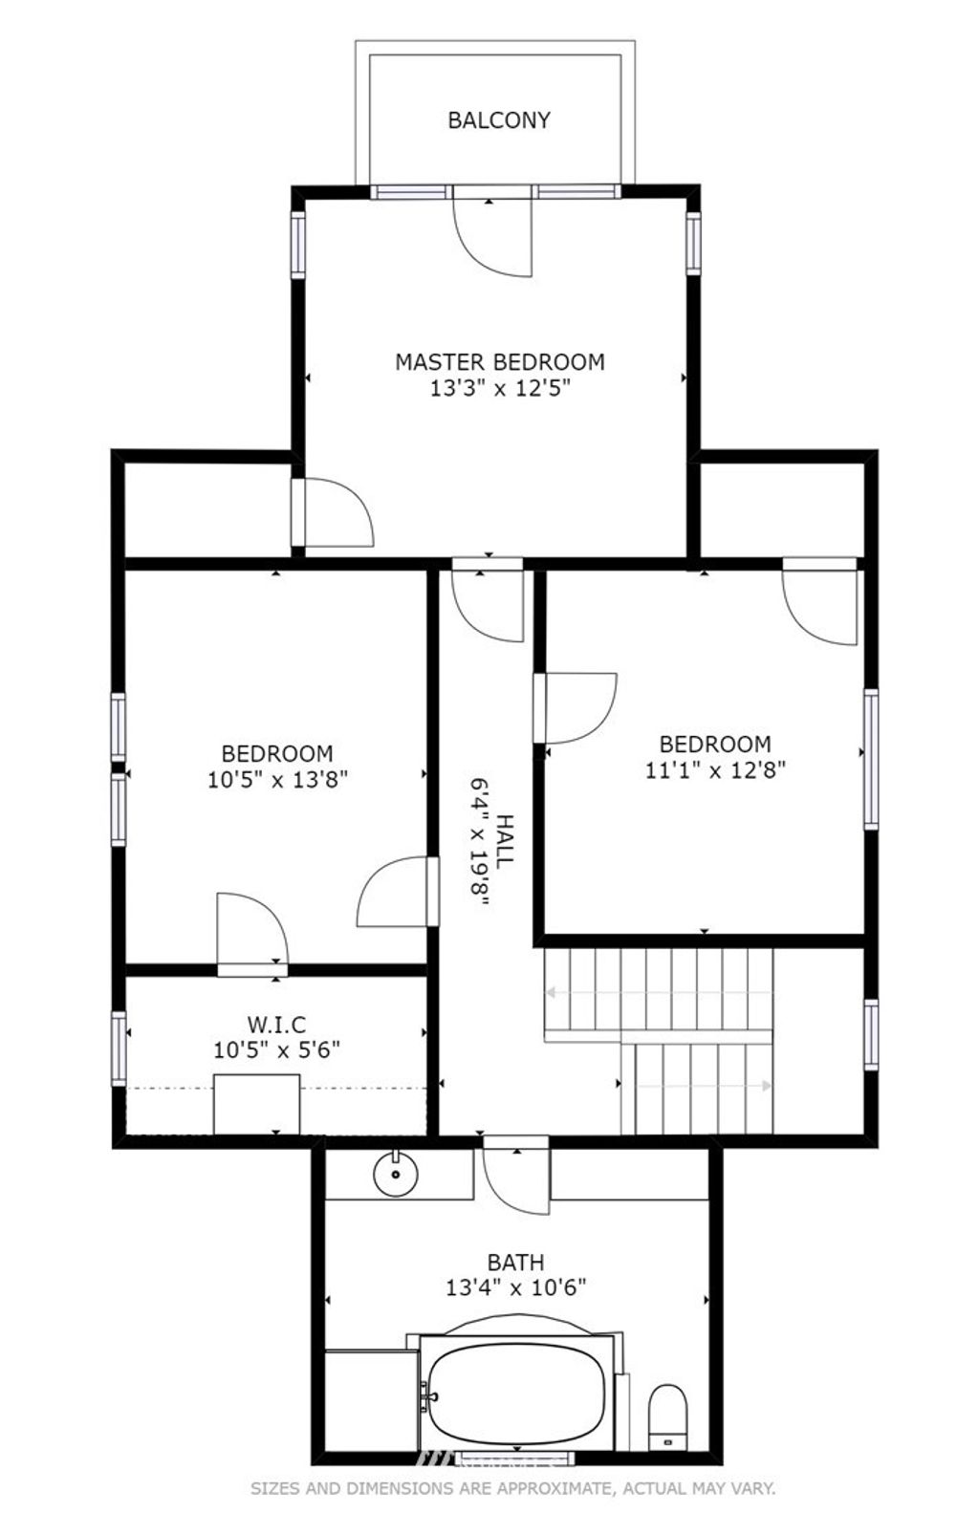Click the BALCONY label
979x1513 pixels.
click(x=499, y=120)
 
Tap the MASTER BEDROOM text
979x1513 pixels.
click(x=499, y=362)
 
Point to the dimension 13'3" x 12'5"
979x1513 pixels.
click(x=499, y=388)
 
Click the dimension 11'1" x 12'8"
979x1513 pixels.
click(x=715, y=770)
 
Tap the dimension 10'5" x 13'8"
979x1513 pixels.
click(x=277, y=780)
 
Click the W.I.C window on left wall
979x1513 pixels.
click(x=119, y=1048)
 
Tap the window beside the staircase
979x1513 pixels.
click(x=872, y=1035)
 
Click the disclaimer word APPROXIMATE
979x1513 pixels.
click(x=546, y=1488)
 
